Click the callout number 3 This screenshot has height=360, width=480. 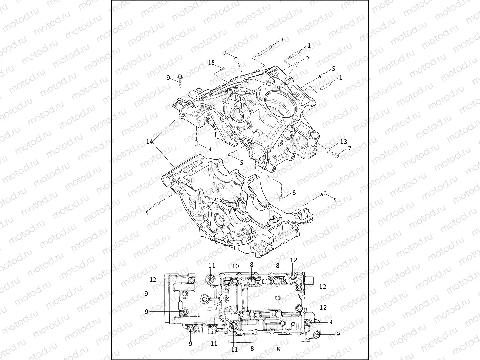pyautogui.click(x=282, y=40)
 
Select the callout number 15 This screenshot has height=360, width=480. pyautogui.click(x=211, y=63)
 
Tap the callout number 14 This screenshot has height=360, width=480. pyautogui.click(x=149, y=141)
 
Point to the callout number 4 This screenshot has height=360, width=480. pyautogui.click(x=210, y=149)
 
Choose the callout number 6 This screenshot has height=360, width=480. pyautogui.click(x=294, y=193)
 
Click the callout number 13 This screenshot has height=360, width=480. pyautogui.click(x=344, y=142)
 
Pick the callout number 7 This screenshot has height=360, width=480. pyautogui.click(x=349, y=148)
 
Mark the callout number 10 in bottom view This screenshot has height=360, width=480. pyautogui.click(x=235, y=266)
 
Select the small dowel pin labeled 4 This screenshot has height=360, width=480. pyautogui.click(x=196, y=144)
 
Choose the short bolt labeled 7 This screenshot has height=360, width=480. pyautogui.click(x=336, y=155)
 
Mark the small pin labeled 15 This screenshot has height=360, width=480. pyautogui.click(x=222, y=68)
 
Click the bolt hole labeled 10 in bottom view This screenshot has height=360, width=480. pyautogui.click(x=234, y=281)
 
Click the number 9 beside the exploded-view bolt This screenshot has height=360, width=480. pyautogui.click(x=168, y=77)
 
